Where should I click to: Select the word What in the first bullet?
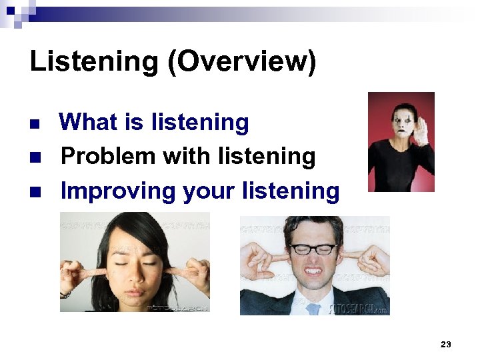[87, 122]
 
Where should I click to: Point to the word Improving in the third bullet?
[117, 191]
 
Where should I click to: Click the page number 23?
[446, 344]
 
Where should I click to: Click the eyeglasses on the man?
[313, 249]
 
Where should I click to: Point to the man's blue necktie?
[314, 309]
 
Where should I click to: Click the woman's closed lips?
[135, 291]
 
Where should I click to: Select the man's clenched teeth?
[313, 271]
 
